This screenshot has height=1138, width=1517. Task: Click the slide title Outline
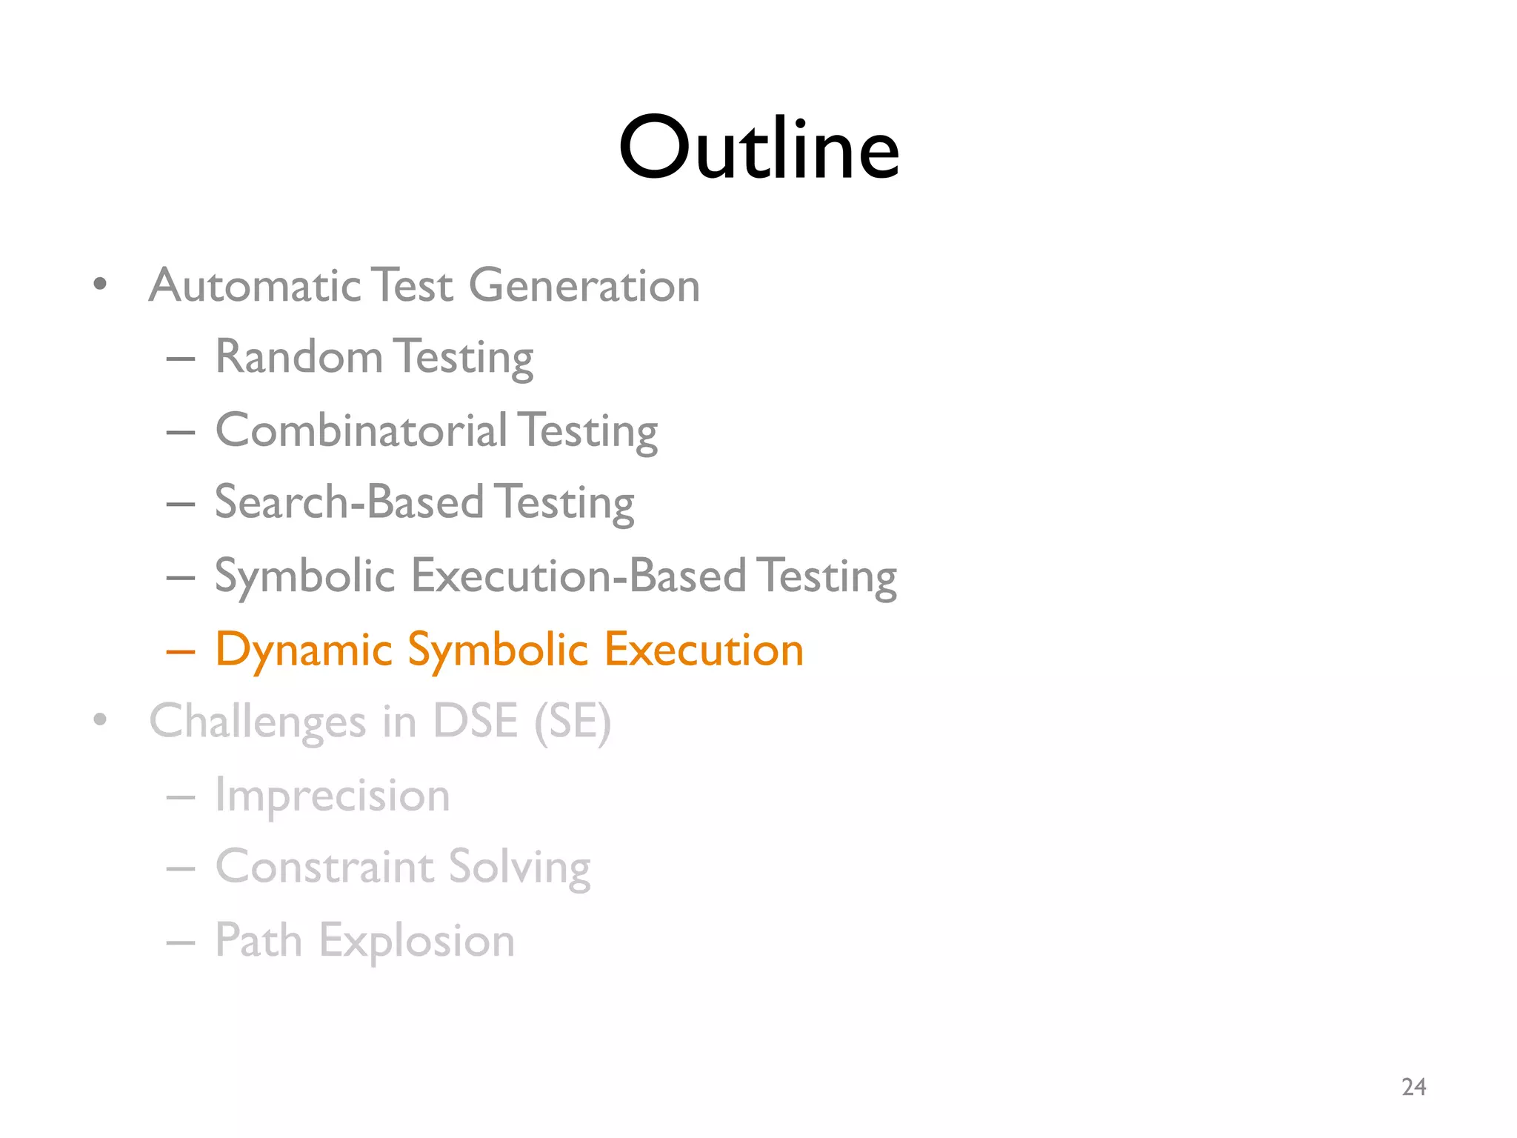(758, 148)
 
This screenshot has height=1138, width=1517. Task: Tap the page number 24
(1413, 1087)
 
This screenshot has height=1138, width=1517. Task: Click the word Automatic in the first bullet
(255, 285)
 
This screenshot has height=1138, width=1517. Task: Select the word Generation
(584, 285)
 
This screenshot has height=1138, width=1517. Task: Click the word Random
(299, 356)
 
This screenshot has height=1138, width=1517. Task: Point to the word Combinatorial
(361, 430)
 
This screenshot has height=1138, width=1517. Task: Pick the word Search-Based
(349, 502)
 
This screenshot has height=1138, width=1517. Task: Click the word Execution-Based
(579, 576)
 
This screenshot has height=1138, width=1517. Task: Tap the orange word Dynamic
(304, 650)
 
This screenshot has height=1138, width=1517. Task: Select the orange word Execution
(704, 650)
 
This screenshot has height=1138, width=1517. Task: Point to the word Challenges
(258, 722)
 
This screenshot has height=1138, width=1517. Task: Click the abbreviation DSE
(475, 720)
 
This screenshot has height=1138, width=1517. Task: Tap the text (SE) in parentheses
(573, 722)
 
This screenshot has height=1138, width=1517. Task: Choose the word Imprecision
(333, 796)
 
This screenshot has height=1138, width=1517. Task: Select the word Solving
(519, 868)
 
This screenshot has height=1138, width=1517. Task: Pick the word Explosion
(416, 941)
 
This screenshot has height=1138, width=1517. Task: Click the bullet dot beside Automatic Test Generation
(101, 284)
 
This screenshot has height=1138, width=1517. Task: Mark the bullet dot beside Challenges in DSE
(101, 719)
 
